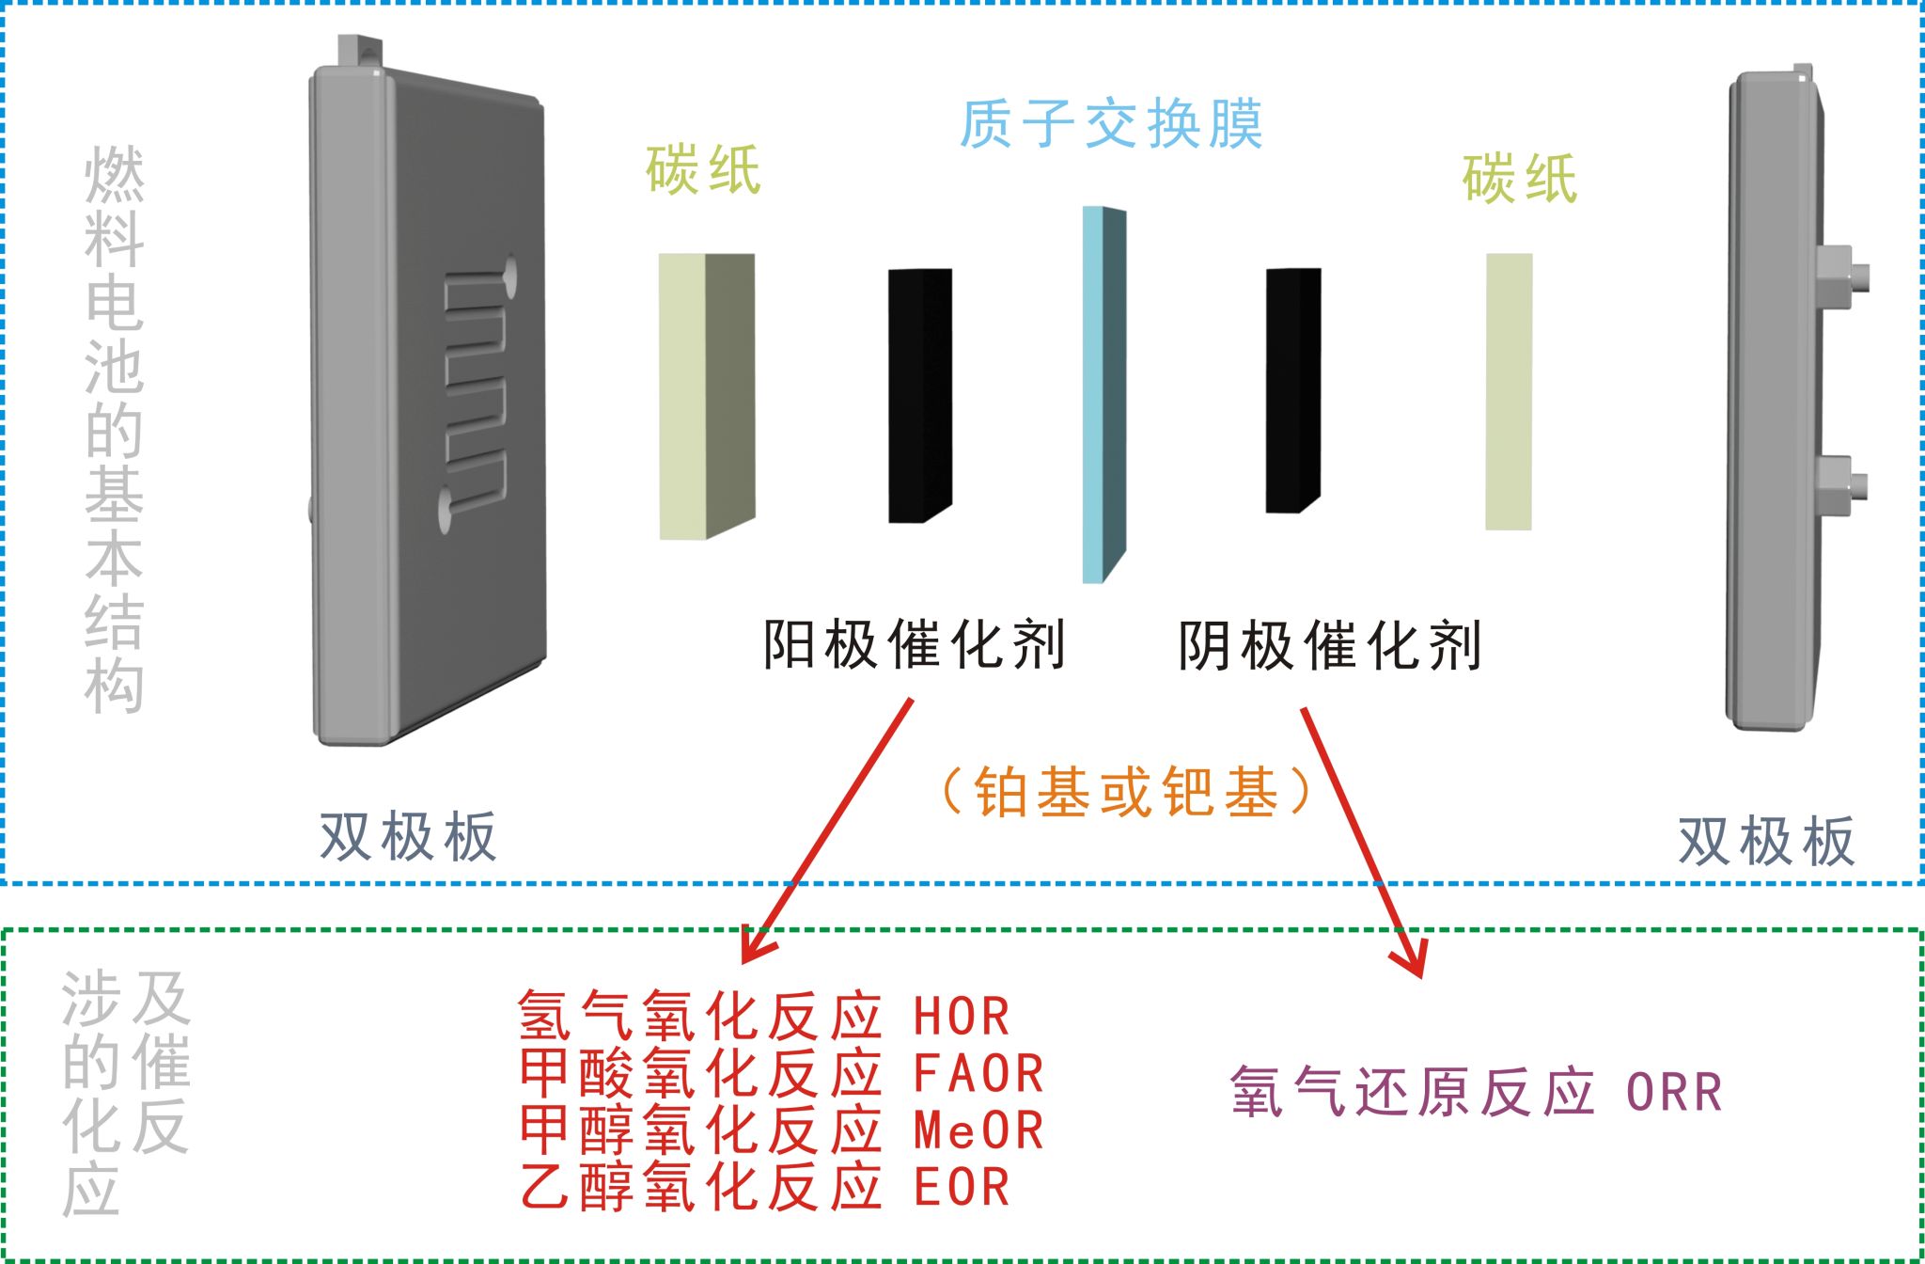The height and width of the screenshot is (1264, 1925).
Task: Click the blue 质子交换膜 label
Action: click(1110, 124)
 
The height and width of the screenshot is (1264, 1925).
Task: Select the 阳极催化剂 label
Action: click(914, 645)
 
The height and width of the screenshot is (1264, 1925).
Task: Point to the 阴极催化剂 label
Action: click(1330, 645)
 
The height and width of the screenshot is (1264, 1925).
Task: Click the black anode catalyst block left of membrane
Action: click(919, 395)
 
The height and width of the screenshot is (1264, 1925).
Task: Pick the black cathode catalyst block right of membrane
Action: click(1292, 390)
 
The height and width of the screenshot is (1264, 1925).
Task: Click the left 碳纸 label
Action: click(703, 170)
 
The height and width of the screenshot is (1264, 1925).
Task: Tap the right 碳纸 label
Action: click(1519, 178)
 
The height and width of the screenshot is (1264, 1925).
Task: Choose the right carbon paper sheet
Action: click(1509, 391)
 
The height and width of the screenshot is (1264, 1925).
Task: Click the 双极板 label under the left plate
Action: click(407, 836)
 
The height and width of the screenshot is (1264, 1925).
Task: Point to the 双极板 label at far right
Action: click(1766, 841)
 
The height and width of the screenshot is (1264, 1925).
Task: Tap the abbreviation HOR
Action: click(962, 1017)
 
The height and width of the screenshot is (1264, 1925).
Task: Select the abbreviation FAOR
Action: click(978, 1074)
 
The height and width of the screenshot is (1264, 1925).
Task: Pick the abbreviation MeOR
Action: click(978, 1130)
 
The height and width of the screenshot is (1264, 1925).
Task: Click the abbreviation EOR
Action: click(962, 1187)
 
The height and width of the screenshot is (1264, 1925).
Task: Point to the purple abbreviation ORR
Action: click(1674, 1093)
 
